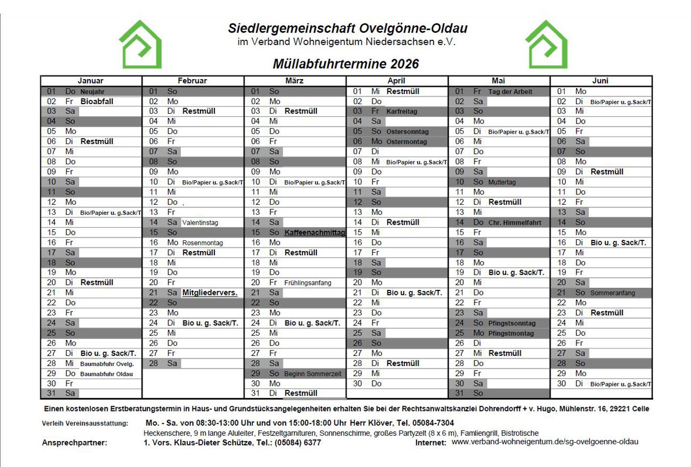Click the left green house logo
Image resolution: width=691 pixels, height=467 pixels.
click(x=140, y=44)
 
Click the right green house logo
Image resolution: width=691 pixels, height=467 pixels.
click(x=547, y=44)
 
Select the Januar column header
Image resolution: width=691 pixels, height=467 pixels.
click(x=90, y=81)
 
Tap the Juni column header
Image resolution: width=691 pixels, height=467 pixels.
click(x=600, y=81)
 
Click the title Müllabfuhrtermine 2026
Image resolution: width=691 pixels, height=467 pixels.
click(x=345, y=64)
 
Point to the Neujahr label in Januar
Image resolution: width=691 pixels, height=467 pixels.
click(x=92, y=92)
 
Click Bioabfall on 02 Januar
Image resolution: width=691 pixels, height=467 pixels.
click(x=97, y=102)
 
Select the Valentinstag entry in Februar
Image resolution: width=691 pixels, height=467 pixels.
click(x=200, y=223)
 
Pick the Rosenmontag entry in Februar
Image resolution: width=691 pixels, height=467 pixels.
click(x=203, y=243)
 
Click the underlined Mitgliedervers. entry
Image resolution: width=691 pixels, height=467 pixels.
click(x=210, y=293)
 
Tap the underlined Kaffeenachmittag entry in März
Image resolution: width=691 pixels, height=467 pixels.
click(x=314, y=233)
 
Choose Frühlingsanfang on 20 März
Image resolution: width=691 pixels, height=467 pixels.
click(x=308, y=283)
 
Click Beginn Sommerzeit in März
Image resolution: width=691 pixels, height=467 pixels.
click(x=313, y=374)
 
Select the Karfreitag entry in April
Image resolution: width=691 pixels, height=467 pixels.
click(x=402, y=111)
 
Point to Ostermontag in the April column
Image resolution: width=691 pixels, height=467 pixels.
click(x=406, y=142)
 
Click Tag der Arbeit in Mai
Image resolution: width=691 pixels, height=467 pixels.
click(x=510, y=92)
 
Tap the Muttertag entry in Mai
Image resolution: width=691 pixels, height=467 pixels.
click(x=502, y=182)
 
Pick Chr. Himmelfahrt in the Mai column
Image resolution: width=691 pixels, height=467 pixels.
click(x=514, y=223)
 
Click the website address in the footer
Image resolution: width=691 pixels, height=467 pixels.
click(x=545, y=442)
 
